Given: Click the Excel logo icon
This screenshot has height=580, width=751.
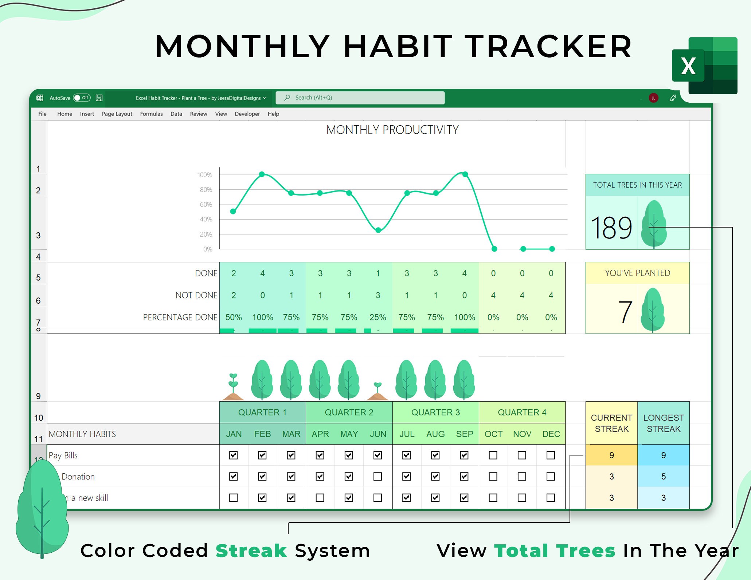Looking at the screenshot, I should point(704,66).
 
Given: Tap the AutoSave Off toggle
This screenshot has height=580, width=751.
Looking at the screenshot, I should point(82,98).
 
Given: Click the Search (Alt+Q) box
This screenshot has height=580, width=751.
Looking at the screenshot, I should point(360,98).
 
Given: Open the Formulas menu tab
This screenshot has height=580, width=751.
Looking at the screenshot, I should point(151,114).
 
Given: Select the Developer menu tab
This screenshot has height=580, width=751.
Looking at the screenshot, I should point(247,114).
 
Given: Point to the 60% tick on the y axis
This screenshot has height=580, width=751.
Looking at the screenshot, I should point(206,205).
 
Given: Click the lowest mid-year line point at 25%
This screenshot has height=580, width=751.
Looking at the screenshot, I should point(378,230).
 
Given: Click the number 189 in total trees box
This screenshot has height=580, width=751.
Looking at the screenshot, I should point(611,228).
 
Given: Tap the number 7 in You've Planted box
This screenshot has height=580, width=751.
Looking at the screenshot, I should point(625,312).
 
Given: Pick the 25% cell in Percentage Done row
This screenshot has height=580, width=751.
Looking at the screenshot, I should point(378,317).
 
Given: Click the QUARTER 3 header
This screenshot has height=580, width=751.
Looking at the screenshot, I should point(435,413).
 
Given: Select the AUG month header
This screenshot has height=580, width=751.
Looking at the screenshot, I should point(435,434).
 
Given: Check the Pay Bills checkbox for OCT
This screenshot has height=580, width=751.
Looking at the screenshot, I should point(493,455).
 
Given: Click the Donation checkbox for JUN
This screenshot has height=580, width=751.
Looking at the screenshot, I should point(378,476).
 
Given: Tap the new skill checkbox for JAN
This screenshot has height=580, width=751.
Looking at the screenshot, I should point(234,497).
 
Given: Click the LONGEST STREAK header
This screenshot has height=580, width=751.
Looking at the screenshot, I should point(663,423).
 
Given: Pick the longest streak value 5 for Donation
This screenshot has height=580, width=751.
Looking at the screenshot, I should point(663,476).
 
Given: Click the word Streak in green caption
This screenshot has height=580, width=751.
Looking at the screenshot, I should point(251,551).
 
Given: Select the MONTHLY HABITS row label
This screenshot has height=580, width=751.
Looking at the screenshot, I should point(82,434).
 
